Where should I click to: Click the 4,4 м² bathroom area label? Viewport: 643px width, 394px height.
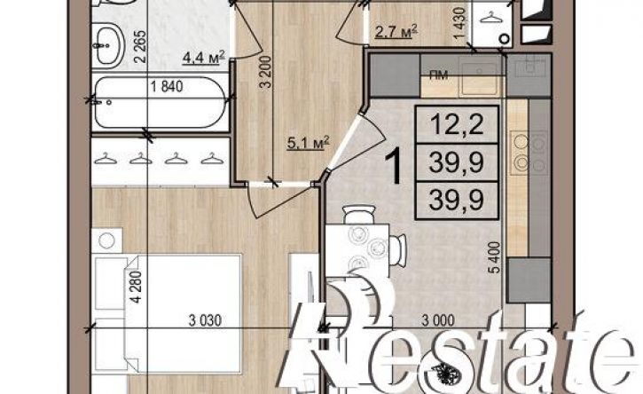(204, 58)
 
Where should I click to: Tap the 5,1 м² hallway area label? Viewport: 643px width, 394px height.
(309, 144)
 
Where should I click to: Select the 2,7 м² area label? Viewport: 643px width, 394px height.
(396, 31)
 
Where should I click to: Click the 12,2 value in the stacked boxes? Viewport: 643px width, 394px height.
(457, 123)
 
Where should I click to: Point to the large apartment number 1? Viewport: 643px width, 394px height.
(396, 166)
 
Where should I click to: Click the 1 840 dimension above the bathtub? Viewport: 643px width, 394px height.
(167, 87)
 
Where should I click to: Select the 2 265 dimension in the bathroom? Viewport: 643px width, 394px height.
(140, 46)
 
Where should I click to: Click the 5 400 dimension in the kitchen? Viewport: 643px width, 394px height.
(495, 257)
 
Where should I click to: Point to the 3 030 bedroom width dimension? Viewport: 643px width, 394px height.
(205, 320)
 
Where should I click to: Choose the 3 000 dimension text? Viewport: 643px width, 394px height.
(438, 320)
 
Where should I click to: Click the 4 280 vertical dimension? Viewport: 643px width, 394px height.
(137, 287)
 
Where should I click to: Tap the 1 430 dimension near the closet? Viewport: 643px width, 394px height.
(460, 23)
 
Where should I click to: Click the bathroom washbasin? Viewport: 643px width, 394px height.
(108, 45)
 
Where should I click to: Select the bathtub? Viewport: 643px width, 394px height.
(160, 103)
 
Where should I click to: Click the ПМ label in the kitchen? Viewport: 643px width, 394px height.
(438, 75)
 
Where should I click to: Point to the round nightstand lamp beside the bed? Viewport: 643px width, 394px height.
(106, 240)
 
